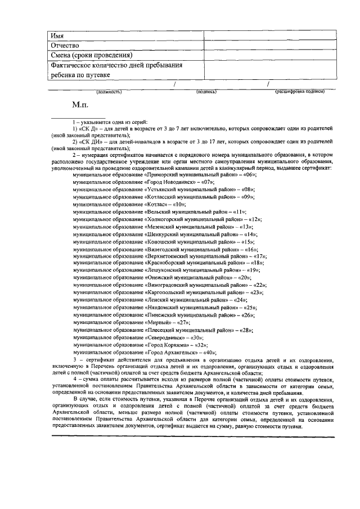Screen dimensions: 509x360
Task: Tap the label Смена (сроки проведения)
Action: [91, 55]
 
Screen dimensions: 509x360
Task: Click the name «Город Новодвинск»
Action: [172, 183]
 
